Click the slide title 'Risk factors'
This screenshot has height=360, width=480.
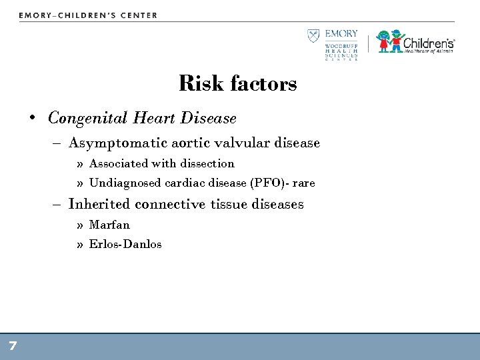tap(238, 85)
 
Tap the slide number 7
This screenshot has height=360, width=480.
tap(13, 345)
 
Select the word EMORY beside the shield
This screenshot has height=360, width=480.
tap(341, 35)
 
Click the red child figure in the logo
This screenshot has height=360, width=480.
tap(385, 41)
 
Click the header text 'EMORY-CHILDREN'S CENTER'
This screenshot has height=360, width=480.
tap(88, 15)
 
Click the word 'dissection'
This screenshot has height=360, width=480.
tap(207, 163)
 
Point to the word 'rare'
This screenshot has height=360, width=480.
tap(301, 183)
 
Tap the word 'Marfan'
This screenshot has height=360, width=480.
tap(109, 225)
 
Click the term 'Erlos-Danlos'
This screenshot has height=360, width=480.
tap(125, 244)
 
